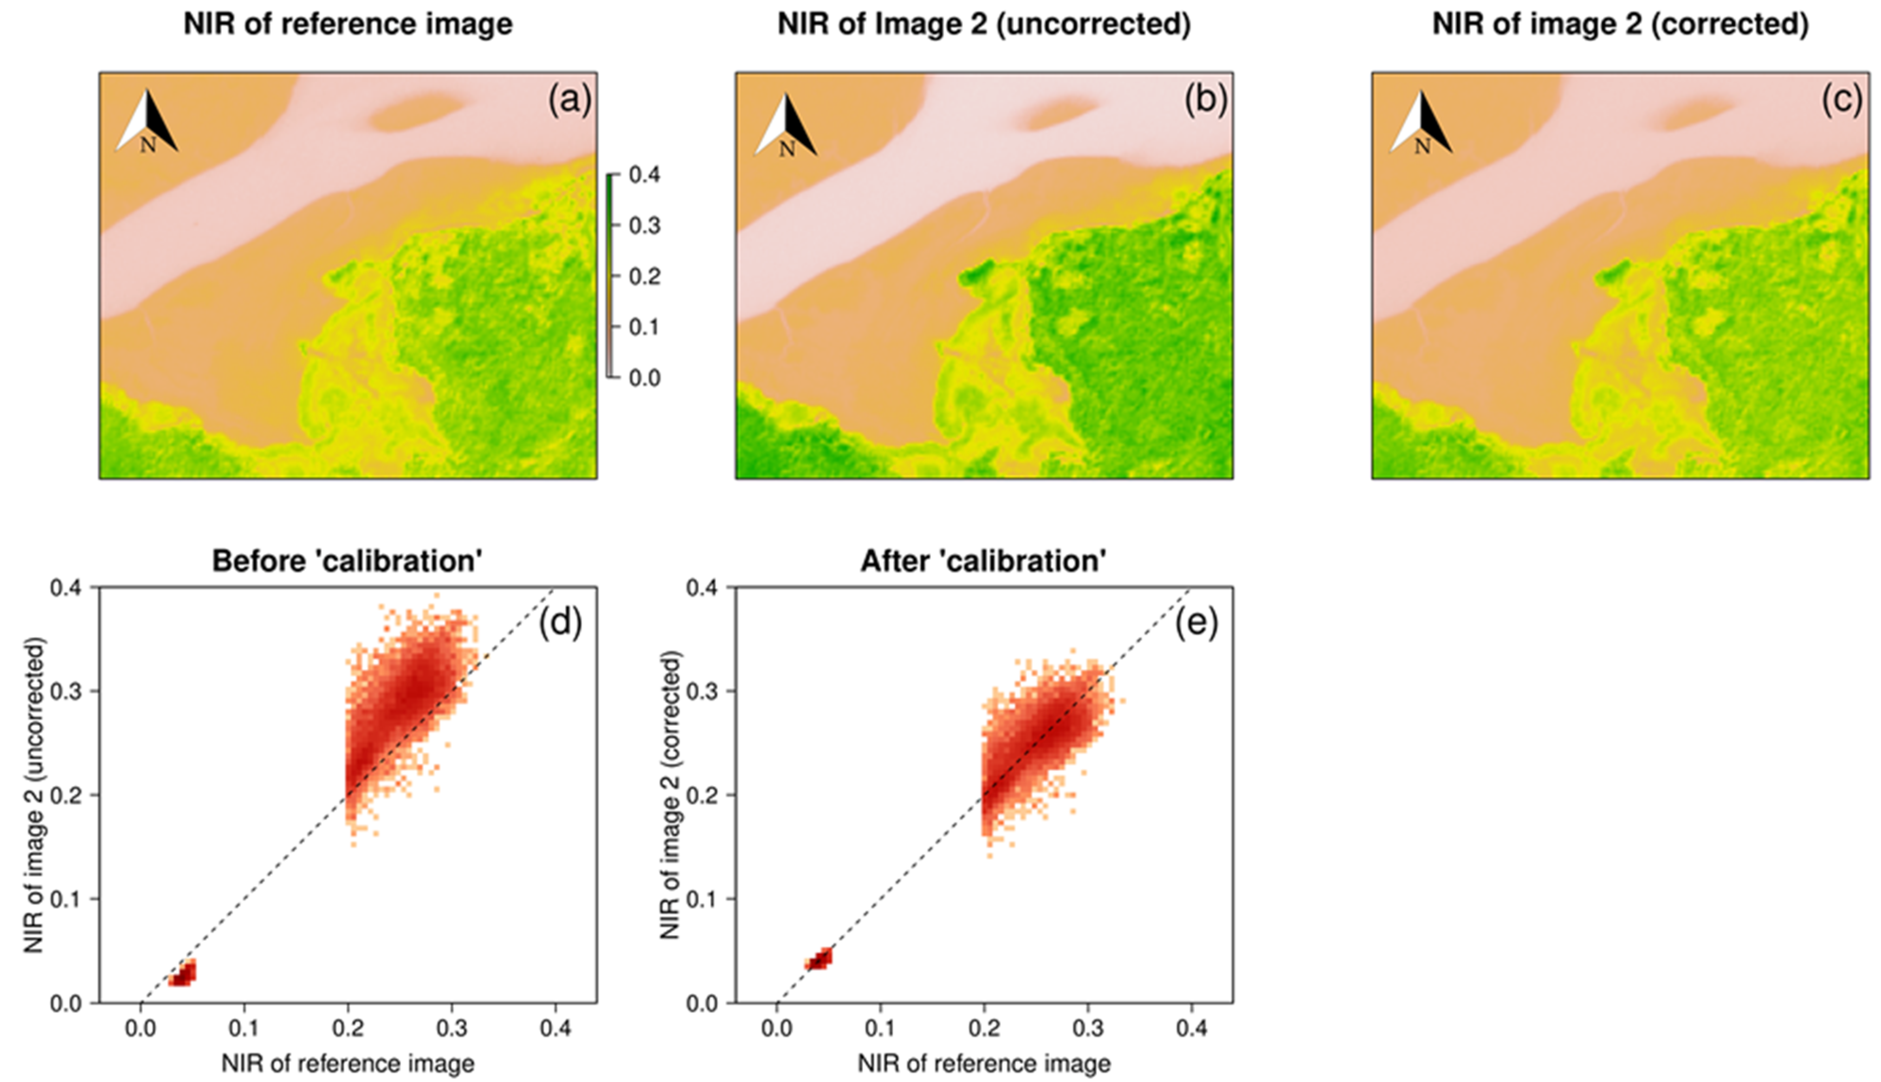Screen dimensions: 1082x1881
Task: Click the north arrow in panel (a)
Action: (147, 123)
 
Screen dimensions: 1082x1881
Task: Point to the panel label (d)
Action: (560, 623)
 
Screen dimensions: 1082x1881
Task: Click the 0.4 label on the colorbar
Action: (644, 175)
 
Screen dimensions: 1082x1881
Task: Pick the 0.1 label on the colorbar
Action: (644, 327)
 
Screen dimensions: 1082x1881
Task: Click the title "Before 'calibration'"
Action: (347, 561)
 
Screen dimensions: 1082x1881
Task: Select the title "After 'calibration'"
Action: (983, 561)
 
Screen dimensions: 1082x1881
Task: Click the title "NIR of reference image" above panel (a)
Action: (347, 25)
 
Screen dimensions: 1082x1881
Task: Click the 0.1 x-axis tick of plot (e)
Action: (880, 1029)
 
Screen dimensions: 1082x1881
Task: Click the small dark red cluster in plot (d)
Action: (182, 974)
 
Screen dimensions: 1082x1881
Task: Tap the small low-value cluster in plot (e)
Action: (819, 959)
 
